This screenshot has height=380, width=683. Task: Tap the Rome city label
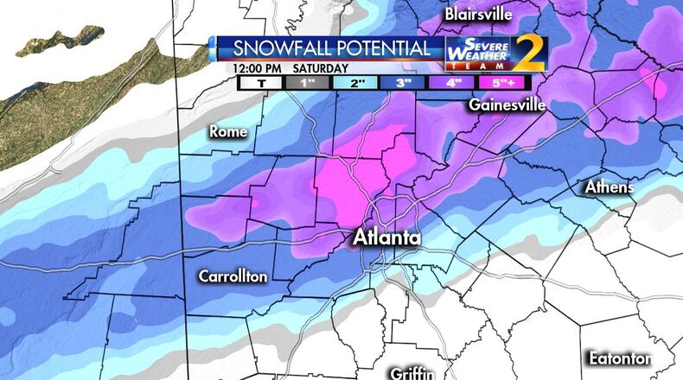(x=228, y=132)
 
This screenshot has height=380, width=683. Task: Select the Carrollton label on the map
(x=233, y=277)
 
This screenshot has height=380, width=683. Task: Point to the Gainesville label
(x=507, y=105)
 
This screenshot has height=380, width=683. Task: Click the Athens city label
(x=609, y=187)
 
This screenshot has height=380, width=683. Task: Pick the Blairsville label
(x=478, y=15)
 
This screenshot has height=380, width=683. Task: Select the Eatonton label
(x=619, y=358)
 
